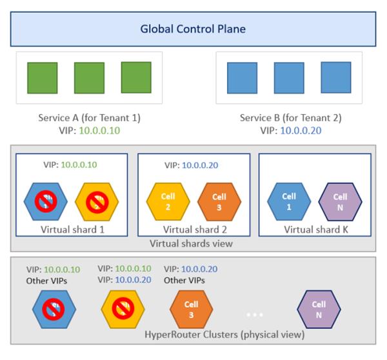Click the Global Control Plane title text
[x=193, y=29]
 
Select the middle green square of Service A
[x=89, y=78]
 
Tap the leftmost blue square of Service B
[x=242, y=78]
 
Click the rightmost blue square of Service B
[x=335, y=78]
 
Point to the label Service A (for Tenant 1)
[x=90, y=118]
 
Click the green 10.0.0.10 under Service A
[x=99, y=130]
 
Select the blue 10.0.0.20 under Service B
[x=300, y=130]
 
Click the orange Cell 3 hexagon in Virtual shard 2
[x=219, y=201]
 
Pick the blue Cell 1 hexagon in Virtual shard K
[x=289, y=201]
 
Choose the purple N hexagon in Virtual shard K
[x=341, y=201]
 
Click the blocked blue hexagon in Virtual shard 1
[x=46, y=201]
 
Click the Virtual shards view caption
[x=193, y=243]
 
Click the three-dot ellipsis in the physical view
[x=254, y=315]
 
